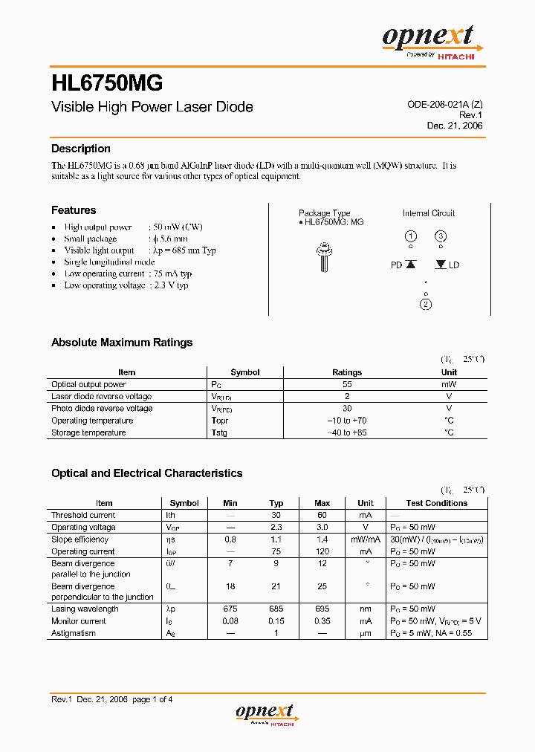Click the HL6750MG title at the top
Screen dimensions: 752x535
tap(107, 81)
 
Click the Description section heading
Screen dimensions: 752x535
tap(80, 149)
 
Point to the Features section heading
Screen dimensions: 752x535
tap(73, 210)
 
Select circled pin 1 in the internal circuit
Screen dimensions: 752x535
tap(410, 237)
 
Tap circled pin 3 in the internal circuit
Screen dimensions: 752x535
tap(441, 237)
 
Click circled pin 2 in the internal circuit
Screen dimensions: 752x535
tap(426, 304)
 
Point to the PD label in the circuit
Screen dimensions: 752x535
tap(396, 265)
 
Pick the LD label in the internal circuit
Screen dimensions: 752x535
tap(454, 265)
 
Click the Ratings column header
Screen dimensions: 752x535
tap(347, 372)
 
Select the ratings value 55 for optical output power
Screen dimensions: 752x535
tap(347, 384)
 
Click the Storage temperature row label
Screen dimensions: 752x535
tap(88, 432)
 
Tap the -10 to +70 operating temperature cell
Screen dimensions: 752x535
tap(347, 421)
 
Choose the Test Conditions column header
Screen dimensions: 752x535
tap(437, 503)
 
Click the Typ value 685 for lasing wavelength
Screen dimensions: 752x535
tap(276, 609)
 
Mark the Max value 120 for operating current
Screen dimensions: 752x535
tap(322, 551)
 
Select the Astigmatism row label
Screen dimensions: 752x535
tap(74, 633)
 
